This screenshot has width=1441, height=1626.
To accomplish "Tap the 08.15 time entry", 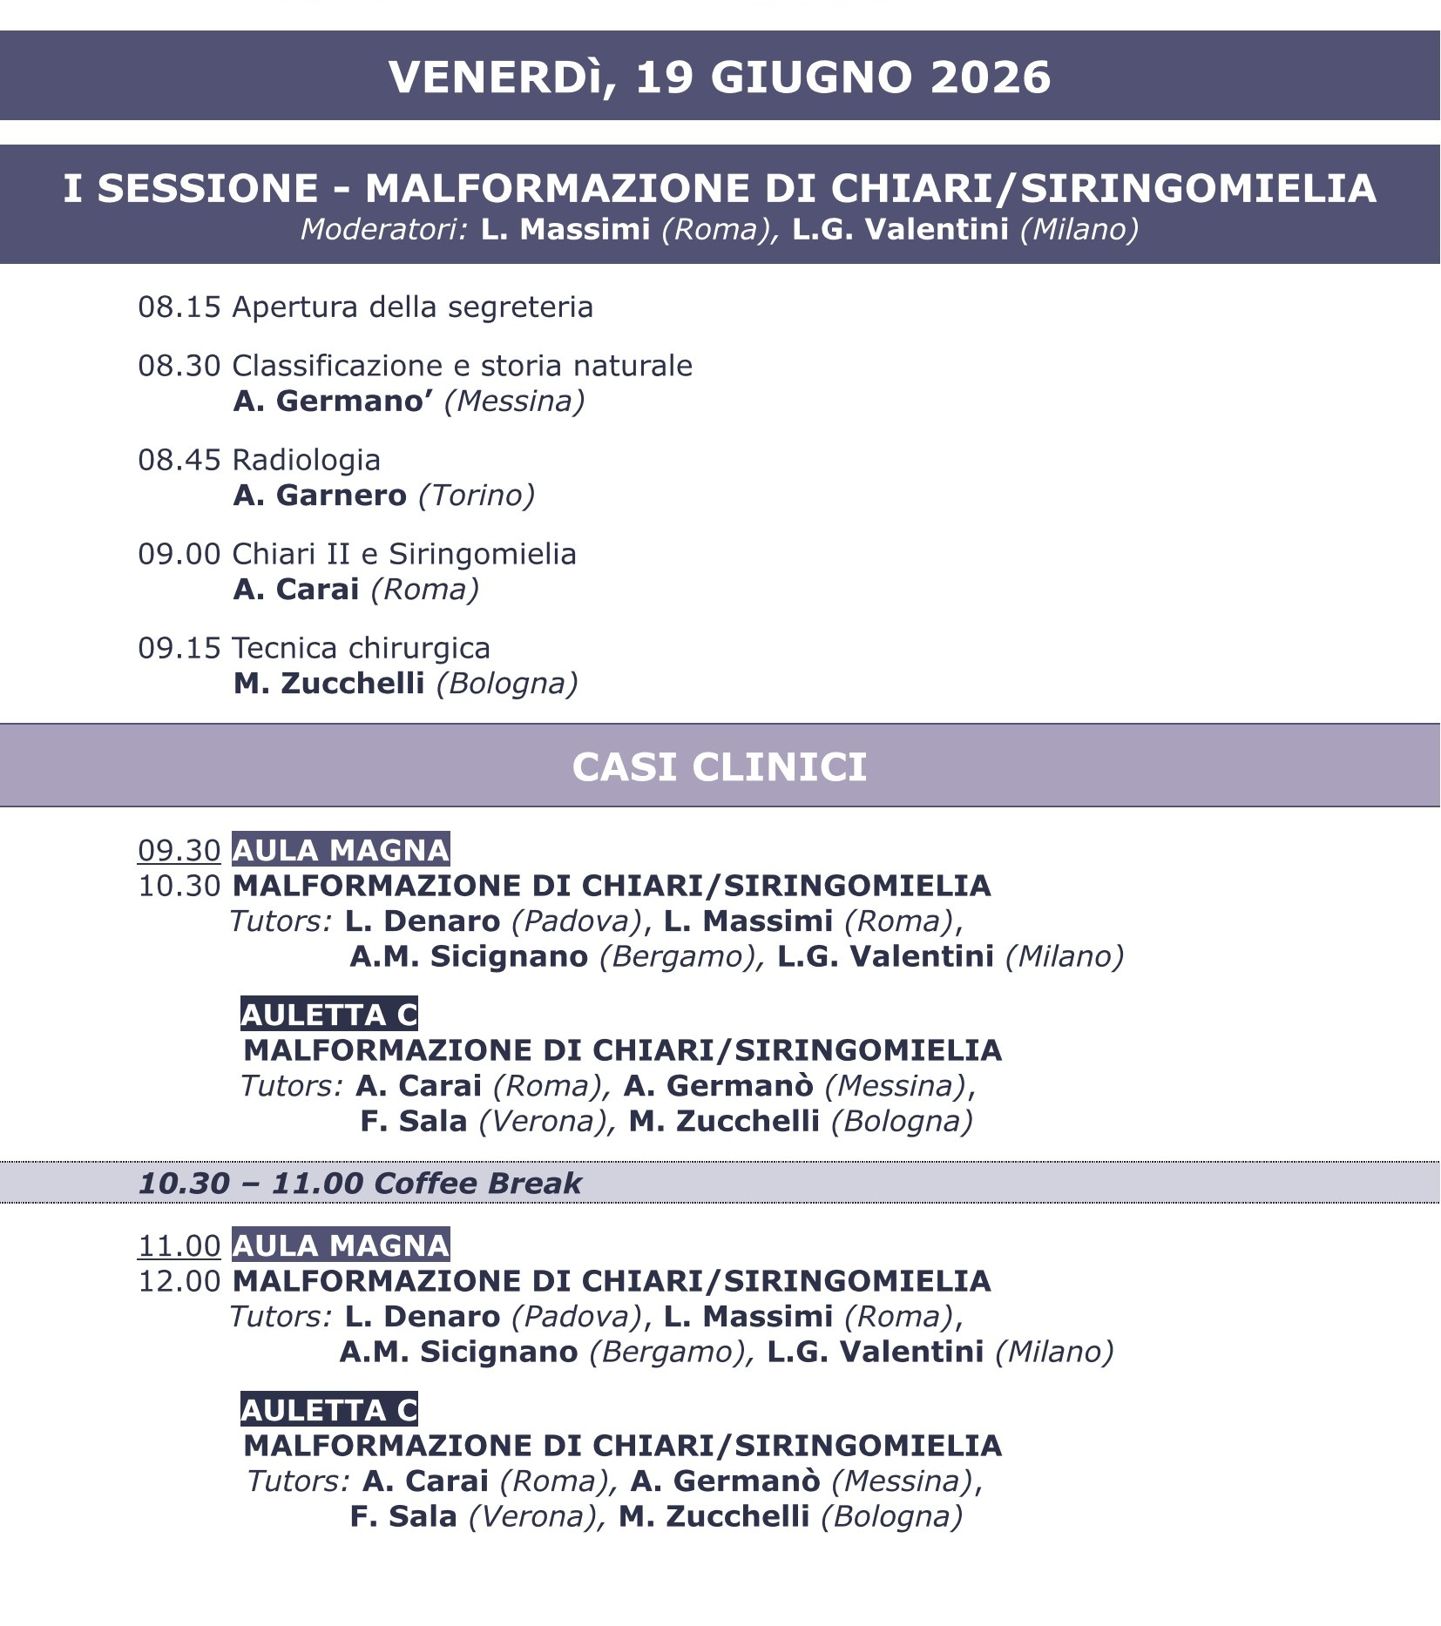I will pyautogui.click(x=179, y=307).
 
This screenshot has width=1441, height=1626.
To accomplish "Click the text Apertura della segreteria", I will pyautogui.click(x=412, y=307).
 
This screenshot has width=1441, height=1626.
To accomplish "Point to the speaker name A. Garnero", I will pyautogui.click(x=320, y=496).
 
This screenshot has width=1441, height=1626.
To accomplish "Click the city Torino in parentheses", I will pyautogui.click(x=477, y=496).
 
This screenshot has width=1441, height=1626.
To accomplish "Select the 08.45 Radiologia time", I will pyautogui.click(x=179, y=460).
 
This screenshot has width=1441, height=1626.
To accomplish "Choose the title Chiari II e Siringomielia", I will pyautogui.click(x=404, y=554).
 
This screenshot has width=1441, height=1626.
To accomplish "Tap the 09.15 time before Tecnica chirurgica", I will pyautogui.click(x=179, y=648).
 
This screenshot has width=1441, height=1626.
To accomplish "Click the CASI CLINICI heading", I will pyautogui.click(x=720, y=767).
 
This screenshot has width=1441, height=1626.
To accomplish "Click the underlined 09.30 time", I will pyautogui.click(x=179, y=850).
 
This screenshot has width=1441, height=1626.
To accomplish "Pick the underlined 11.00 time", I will pyautogui.click(x=179, y=1245).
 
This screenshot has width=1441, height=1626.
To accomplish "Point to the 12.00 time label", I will pyautogui.click(x=179, y=1281).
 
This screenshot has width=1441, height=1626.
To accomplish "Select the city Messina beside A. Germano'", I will pyautogui.click(x=514, y=401).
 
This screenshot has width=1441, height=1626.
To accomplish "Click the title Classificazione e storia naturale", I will pyautogui.click(x=462, y=366).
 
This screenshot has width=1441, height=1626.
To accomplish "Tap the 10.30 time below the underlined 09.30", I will pyautogui.click(x=179, y=886).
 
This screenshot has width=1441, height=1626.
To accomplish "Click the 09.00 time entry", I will pyautogui.click(x=179, y=554).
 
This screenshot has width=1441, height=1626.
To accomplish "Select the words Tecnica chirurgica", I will pyautogui.click(x=361, y=648).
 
